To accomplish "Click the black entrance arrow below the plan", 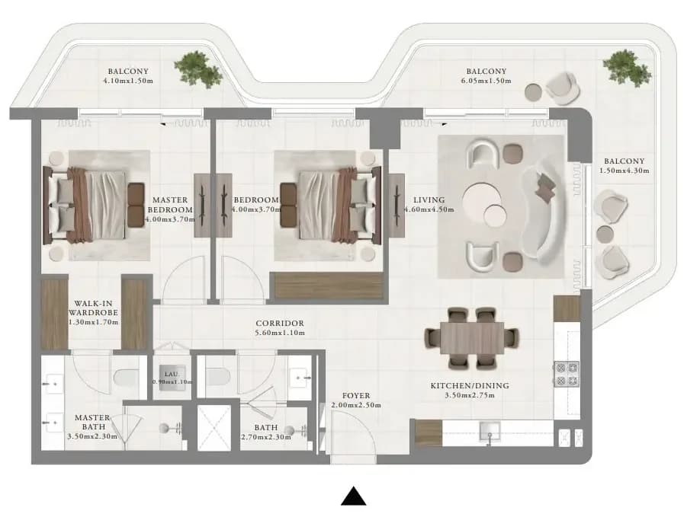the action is tap(354, 496).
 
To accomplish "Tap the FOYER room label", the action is tap(356, 395).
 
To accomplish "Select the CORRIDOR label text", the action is tap(280, 323).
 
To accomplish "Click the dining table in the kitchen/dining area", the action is tap(472, 338).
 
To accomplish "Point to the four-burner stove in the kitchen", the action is tap(567, 374).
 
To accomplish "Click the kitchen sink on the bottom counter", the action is tap(490, 431).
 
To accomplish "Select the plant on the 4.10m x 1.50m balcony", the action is tap(197, 68).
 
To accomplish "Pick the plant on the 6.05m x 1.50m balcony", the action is tap(627, 68).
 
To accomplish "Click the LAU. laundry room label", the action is tap(172, 374).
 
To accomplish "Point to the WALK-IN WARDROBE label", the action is tap(93, 308).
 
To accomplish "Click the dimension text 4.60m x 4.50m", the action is tap(429, 209).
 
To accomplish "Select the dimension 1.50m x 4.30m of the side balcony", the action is tap(624, 171).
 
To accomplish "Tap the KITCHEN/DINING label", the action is tap(470, 385).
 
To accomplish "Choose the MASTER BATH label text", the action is tap(92, 422).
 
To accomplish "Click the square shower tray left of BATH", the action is tap(214, 427).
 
